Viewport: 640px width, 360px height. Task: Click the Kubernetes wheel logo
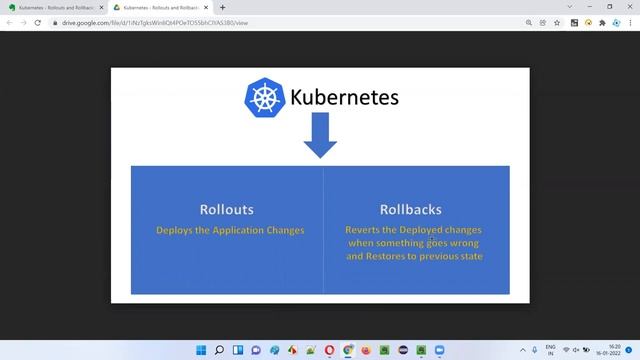click(265, 97)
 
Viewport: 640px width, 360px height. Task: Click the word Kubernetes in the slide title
click(344, 97)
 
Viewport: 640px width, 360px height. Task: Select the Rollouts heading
click(226, 209)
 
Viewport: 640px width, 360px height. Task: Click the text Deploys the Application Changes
click(230, 230)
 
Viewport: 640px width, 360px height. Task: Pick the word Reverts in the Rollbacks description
click(365, 229)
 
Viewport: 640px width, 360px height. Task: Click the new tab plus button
click(222, 7)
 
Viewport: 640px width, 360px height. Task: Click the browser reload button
click(37, 22)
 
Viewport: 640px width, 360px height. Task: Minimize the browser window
click(589, 7)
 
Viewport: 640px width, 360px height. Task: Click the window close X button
click(630, 7)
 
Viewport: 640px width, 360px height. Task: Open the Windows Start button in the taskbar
click(200, 350)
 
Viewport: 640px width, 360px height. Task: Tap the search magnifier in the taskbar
click(219, 350)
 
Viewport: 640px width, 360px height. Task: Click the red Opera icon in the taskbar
click(348, 350)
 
